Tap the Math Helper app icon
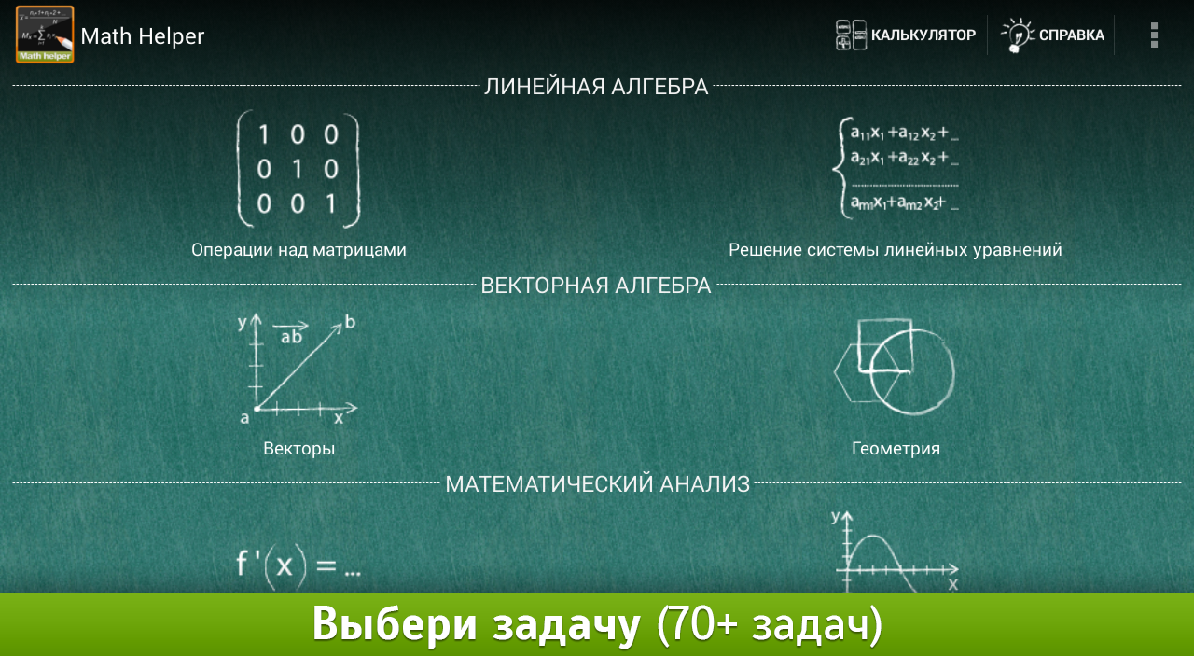[45, 35]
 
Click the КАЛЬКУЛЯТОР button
[906, 35]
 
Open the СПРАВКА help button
[1052, 35]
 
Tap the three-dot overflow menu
[1154, 35]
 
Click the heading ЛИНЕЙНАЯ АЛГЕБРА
[596, 87]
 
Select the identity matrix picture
[298, 169]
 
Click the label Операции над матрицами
[298, 249]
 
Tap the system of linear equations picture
[895, 168]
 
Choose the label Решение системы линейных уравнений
[895, 249]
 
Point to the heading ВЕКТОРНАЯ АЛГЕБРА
[596, 286]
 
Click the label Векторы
[299, 449]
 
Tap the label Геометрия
[895, 449]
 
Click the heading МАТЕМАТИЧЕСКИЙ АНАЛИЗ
[598, 484]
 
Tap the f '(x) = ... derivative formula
[298, 566]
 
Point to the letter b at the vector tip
[350, 322]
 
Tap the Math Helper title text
[143, 36]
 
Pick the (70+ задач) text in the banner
[770, 624]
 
